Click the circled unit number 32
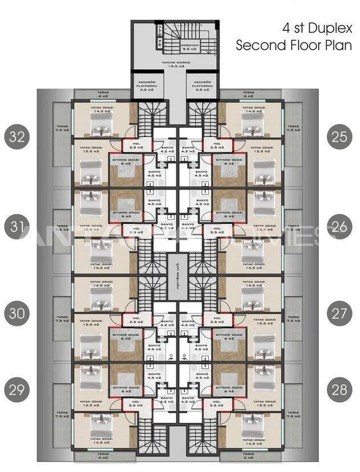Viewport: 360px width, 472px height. coord(17,137)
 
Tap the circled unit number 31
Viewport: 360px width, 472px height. coord(17,227)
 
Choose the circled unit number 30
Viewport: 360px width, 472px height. coord(17,313)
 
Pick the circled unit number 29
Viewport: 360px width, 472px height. coord(17,390)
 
